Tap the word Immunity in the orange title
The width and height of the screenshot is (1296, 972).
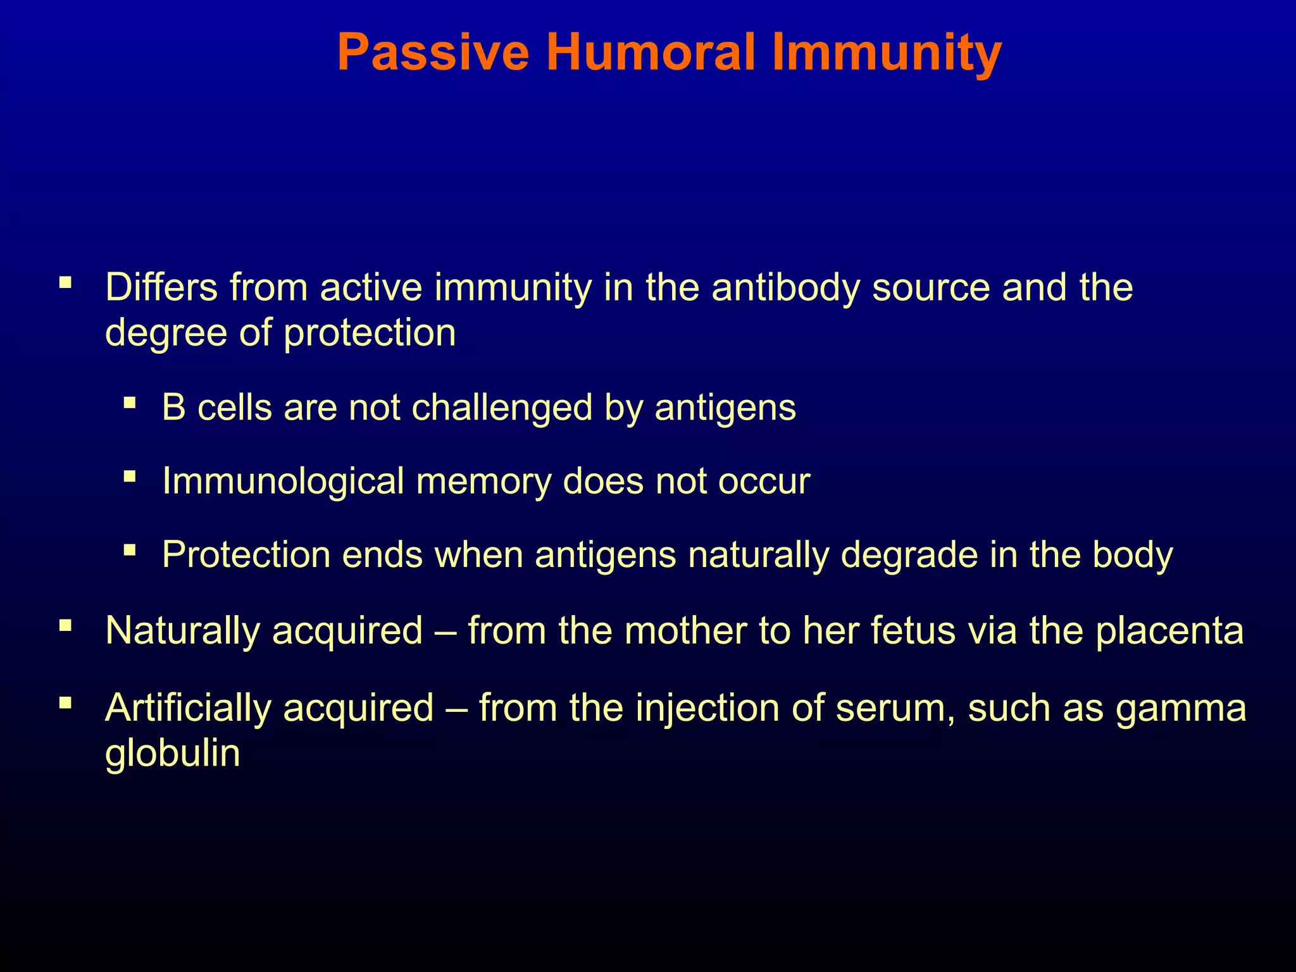(x=886, y=53)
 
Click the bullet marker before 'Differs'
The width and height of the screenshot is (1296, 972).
(x=65, y=282)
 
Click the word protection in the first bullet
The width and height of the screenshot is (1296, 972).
(x=370, y=333)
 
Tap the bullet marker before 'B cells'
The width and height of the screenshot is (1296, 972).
(x=130, y=402)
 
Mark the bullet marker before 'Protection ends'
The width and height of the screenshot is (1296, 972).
(x=130, y=549)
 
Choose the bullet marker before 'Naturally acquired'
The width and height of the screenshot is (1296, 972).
(x=65, y=625)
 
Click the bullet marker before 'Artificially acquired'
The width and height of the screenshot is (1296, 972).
(x=65, y=702)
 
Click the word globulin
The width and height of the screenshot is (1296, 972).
(x=172, y=754)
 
